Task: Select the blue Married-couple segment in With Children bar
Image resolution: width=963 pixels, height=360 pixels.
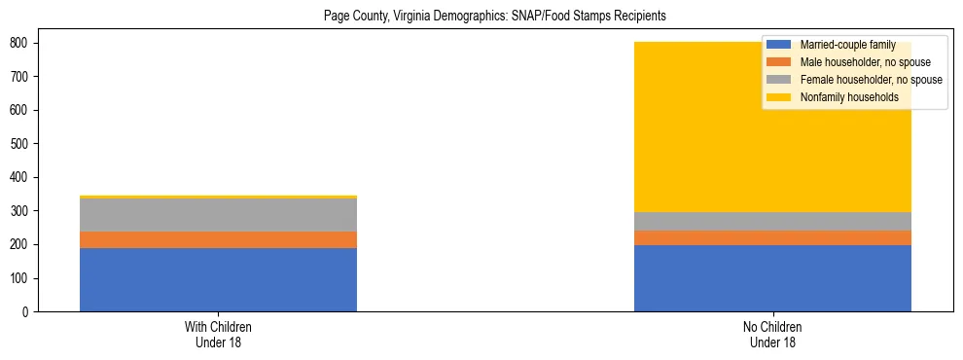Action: pyautogui.click(x=218, y=279)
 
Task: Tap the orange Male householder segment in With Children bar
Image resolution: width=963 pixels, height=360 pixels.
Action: pyautogui.click(x=218, y=239)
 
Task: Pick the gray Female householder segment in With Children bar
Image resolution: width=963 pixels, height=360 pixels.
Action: pyautogui.click(x=218, y=215)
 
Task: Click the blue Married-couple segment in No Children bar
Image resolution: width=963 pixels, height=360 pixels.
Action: pyautogui.click(x=772, y=278)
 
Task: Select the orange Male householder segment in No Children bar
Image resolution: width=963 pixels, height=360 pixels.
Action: pyautogui.click(x=772, y=237)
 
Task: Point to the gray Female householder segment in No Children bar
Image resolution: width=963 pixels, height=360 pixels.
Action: pyautogui.click(x=772, y=221)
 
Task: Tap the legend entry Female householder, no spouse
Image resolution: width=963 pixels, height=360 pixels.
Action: pyautogui.click(x=871, y=80)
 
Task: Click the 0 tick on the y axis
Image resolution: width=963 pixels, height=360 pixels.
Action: pyautogui.click(x=26, y=312)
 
